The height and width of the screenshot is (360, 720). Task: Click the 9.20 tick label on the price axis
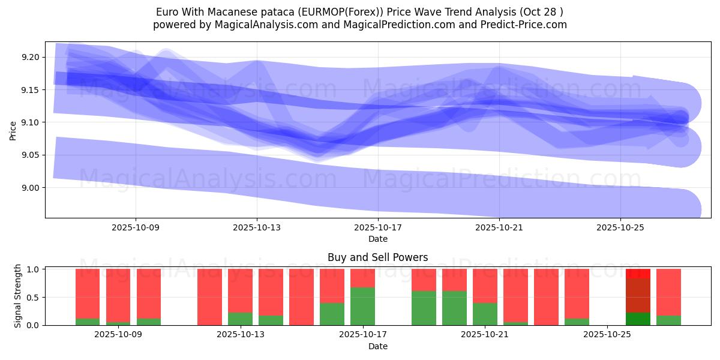[x=30, y=58]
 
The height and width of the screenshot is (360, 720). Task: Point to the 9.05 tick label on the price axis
[x=30, y=155]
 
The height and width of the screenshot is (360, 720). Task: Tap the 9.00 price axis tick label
[x=30, y=188]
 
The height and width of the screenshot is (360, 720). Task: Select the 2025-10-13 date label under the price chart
[x=257, y=228]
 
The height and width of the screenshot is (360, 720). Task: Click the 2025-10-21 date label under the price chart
[x=499, y=228]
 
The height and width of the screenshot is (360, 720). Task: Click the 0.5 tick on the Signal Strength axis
[x=33, y=298]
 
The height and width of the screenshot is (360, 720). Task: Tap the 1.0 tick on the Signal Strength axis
[x=33, y=269]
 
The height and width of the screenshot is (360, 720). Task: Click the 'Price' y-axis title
[x=13, y=130]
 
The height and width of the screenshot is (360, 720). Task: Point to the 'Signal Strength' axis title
[x=18, y=296]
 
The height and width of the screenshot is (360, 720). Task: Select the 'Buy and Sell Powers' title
[x=377, y=257]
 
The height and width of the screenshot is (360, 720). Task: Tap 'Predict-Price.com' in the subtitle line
[x=528, y=25]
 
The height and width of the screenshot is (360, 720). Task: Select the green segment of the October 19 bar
[x=424, y=308]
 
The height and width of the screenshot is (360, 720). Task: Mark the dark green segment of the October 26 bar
[x=638, y=319]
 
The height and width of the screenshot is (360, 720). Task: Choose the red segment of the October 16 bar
[x=332, y=286]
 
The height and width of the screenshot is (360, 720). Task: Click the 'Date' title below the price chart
[x=377, y=239]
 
